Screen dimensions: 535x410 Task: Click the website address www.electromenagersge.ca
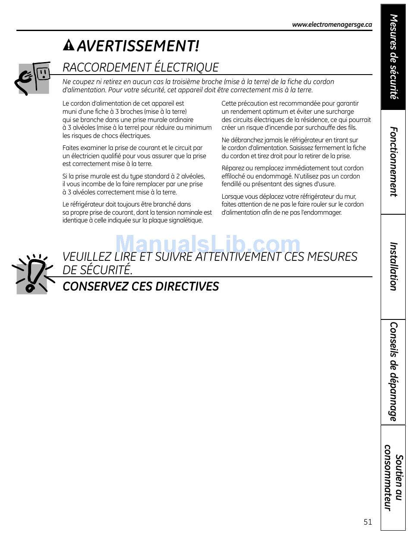coord(332,25)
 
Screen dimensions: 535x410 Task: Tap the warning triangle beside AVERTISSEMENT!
coord(69,45)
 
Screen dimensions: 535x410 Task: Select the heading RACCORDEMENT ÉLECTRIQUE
coord(141,67)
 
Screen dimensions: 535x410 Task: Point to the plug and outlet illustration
coord(33,78)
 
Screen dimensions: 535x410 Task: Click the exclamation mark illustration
coord(33,274)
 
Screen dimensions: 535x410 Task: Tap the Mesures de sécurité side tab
coord(393,56)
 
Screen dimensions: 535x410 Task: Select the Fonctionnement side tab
coord(393,162)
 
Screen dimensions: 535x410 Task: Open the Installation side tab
coord(393,266)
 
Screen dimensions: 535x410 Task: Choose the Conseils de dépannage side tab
coord(393,371)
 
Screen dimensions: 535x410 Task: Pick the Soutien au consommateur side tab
coord(393,477)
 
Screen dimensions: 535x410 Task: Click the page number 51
coord(367,522)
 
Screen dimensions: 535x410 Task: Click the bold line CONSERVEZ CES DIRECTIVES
coord(141,286)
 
